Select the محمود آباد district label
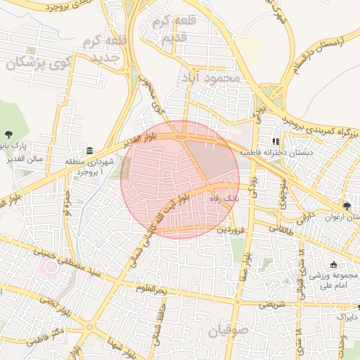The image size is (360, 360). (x=210, y=77)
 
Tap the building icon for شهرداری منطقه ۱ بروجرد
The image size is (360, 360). (x=90, y=150)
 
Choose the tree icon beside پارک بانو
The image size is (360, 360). (x=8, y=134)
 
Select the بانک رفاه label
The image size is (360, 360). (x=224, y=199)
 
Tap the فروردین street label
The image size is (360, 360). (x=231, y=229)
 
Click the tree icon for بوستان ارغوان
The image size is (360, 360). (x=347, y=205)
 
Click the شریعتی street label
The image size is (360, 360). (x=273, y=304)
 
